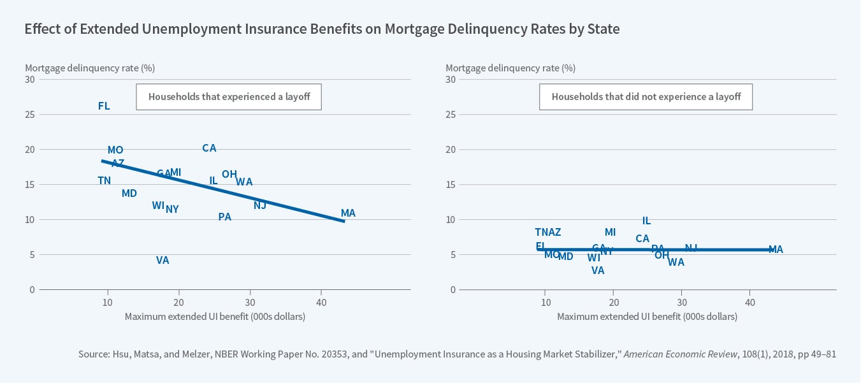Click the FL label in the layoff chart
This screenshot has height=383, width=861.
pyautogui.click(x=104, y=106)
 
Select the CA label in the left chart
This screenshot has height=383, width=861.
pyautogui.click(x=209, y=148)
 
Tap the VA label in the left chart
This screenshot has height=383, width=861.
pyautogui.click(x=163, y=261)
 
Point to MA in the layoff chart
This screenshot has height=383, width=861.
pyautogui.click(x=348, y=213)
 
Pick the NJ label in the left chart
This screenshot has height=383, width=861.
pyautogui.click(x=259, y=205)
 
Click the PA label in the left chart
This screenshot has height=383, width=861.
pyautogui.click(x=224, y=217)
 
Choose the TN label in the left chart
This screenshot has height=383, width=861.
pyautogui.click(x=104, y=181)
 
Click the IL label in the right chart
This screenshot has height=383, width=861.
pyautogui.click(x=646, y=221)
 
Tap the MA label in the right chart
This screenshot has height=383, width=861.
pyautogui.click(x=776, y=250)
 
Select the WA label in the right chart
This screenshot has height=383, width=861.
pyautogui.click(x=676, y=263)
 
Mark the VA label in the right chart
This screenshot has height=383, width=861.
pyautogui.click(x=598, y=271)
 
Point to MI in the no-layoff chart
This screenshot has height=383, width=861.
pyautogui.click(x=610, y=233)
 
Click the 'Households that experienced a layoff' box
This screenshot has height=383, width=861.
pyautogui.click(x=229, y=97)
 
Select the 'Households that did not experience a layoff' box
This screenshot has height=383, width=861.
pyautogui.click(x=646, y=97)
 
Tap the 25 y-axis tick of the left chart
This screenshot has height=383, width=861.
pyautogui.click(x=30, y=115)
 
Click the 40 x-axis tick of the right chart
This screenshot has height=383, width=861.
pyautogui.click(x=750, y=301)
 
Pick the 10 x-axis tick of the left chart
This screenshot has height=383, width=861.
pyautogui.click(x=108, y=301)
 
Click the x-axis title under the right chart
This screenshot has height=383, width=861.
pyautogui.click(x=647, y=317)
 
